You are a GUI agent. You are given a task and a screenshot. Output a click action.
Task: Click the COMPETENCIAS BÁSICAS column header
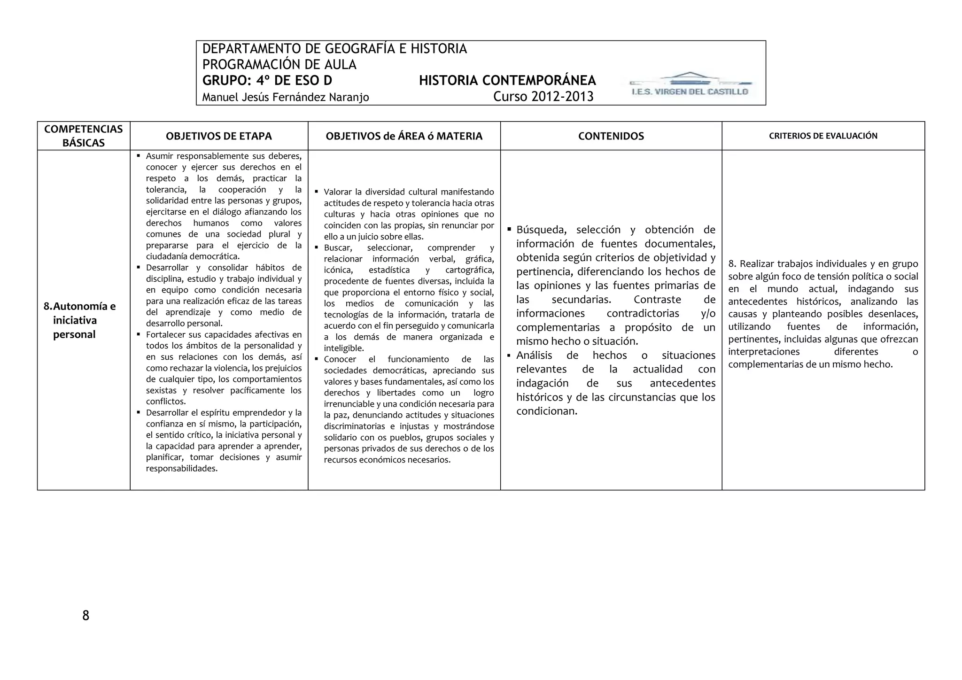tap(84, 136)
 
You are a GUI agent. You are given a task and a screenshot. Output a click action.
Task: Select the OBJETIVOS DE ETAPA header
tap(219, 136)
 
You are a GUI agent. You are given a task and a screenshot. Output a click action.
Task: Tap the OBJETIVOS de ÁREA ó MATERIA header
tap(404, 136)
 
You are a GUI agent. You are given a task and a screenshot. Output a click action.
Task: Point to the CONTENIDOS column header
tap(611, 136)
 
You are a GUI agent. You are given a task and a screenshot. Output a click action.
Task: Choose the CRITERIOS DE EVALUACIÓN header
tap(823, 136)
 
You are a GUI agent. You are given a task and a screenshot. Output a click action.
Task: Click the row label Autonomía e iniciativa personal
tap(80, 320)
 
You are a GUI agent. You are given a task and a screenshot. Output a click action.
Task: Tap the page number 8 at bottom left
tap(85, 616)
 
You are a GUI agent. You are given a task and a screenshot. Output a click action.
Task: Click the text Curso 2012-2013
tap(543, 97)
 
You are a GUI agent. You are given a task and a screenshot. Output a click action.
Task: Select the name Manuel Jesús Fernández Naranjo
tap(285, 97)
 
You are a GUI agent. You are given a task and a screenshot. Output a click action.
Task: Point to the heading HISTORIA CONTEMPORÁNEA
tap(507, 80)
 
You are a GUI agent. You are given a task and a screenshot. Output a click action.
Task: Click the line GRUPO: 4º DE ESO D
tap(267, 80)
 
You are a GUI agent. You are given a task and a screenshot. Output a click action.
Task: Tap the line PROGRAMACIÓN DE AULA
tap(279, 64)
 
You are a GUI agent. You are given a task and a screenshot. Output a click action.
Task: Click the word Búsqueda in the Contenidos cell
tap(541, 230)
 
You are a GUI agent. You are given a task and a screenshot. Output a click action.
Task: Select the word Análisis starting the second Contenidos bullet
tap(534, 355)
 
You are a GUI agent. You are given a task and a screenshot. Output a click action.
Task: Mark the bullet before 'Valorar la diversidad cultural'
tap(317, 192)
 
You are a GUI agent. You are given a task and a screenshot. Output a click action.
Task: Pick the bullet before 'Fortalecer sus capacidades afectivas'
tap(139, 334)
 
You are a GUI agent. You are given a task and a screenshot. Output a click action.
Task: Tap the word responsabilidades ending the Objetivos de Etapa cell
tap(181, 469)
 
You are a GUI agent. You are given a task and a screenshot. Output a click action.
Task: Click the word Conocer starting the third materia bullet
tap(340, 359)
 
